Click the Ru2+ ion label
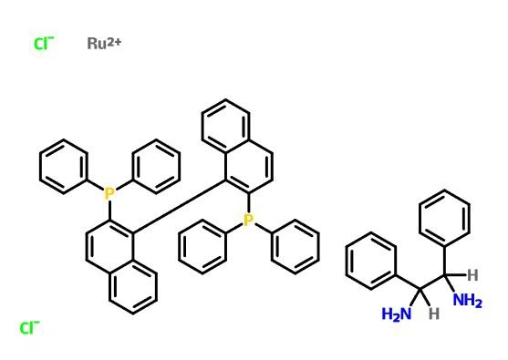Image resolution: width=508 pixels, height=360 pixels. point(105,43)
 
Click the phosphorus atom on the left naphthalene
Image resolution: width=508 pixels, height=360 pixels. point(109,192)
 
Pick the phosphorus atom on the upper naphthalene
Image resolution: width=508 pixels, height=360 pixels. point(248,220)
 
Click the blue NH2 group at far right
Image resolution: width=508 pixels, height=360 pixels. point(467,302)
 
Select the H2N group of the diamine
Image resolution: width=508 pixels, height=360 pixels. point(396,314)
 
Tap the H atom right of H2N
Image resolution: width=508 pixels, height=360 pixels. point(434,312)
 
